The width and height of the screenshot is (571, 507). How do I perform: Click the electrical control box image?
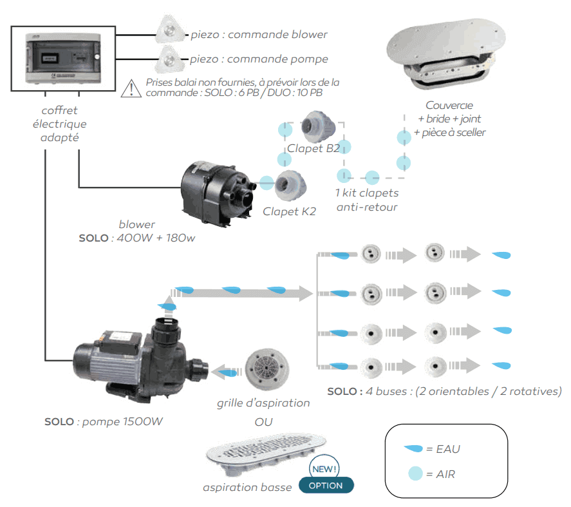[x=63, y=59]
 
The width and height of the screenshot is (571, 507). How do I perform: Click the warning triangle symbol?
[x=131, y=87]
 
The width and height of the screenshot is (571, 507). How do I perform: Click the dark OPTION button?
[x=326, y=485]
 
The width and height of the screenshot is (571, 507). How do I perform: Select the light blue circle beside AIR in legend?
[x=415, y=474]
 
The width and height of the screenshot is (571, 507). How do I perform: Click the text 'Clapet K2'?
[x=289, y=211]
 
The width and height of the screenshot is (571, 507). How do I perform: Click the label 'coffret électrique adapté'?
[x=59, y=124]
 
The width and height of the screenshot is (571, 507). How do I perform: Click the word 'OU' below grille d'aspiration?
[x=263, y=423]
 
